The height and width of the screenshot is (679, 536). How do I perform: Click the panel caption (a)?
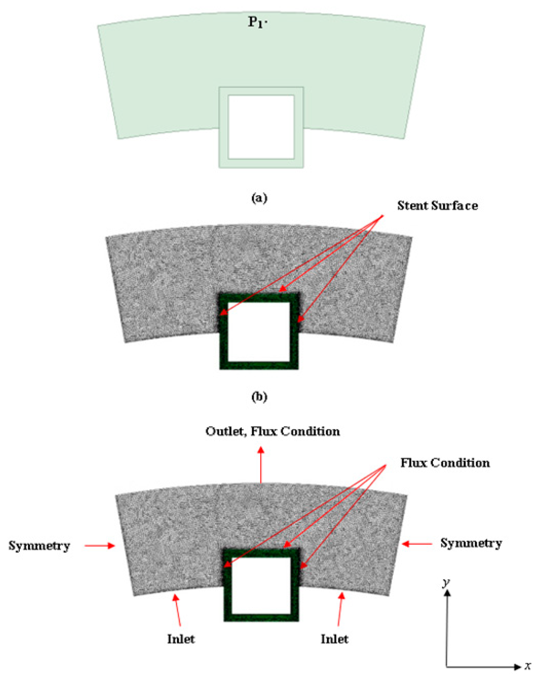click(260, 199)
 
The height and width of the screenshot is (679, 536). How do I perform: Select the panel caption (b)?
click(260, 397)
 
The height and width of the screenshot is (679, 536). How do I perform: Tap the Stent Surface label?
click(437, 206)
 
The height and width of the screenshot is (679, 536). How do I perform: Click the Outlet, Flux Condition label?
click(272, 431)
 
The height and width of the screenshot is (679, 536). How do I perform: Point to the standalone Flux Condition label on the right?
click(445, 463)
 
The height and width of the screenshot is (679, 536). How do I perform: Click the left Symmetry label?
click(39, 546)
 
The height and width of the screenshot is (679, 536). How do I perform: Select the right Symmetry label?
click(471, 543)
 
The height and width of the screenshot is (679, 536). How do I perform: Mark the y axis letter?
click(446, 582)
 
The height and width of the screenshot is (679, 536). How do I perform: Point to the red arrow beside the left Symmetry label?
click(100, 546)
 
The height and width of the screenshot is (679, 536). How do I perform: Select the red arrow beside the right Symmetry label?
click(417, 544)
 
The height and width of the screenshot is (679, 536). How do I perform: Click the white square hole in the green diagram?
click(261, 126)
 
